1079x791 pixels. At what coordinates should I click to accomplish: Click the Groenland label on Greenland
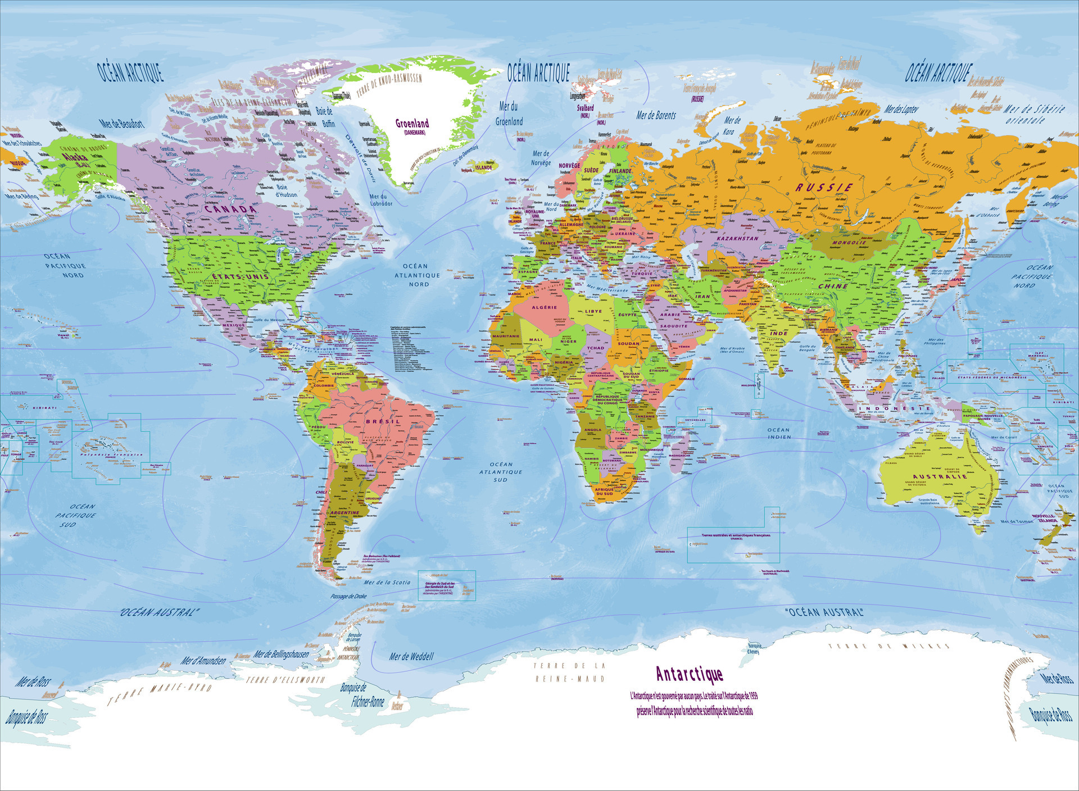412,124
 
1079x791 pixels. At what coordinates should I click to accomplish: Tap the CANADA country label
230,209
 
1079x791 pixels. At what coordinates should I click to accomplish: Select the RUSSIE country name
824,187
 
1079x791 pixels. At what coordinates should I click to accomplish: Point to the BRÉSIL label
383,421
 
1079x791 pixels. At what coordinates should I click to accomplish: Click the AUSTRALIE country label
940,476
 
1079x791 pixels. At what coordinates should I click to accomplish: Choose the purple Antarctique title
689,674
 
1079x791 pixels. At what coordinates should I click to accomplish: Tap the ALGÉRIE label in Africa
544,307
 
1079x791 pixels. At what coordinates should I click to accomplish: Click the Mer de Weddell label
411,656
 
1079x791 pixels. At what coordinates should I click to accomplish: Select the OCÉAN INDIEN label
779,433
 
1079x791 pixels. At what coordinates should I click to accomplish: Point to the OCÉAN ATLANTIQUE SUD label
501,472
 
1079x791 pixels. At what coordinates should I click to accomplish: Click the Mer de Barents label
656,116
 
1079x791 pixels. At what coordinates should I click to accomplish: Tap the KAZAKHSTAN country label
737,238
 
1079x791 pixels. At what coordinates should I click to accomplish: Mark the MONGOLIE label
849,243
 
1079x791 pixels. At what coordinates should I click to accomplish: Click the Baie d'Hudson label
286,191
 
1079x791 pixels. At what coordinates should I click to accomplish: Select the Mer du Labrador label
381,200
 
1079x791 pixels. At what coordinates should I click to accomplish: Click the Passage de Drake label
348,596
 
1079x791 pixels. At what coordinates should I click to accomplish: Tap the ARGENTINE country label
344,512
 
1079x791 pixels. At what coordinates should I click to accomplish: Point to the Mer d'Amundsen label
203,661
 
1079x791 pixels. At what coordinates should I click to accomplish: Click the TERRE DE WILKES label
889,646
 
